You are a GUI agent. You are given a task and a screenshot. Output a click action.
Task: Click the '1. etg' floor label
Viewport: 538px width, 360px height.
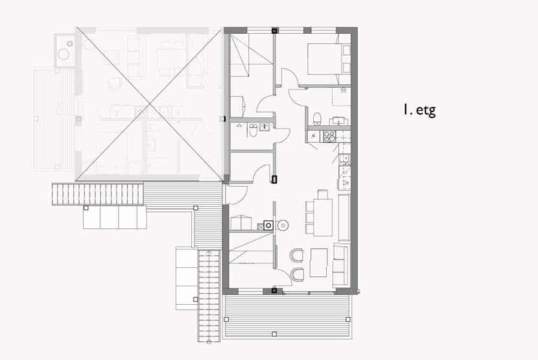pyautogui.click(x=419, y=110)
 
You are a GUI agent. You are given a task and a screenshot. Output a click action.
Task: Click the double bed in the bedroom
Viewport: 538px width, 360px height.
pyautogui.click(x=329, y=59)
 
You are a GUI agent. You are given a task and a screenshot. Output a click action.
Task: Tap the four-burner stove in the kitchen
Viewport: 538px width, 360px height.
pyautogui.click(x=330, y=136)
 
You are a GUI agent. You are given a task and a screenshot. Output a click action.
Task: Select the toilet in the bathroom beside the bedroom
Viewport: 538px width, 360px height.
pyautogui.click(x=317, y=118)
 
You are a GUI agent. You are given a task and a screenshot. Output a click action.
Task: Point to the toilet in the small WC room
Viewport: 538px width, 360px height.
pyautogui.click(x=253, y=130)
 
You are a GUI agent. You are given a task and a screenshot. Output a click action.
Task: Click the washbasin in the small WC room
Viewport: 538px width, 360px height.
pyautogui.click(x=264, y=127)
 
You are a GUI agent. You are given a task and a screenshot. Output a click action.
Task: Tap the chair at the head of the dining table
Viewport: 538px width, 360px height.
pyautogui.click(x=323, y=194)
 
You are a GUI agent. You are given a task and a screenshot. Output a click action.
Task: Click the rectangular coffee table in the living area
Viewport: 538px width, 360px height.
pyautogui.click(x=319, y=263)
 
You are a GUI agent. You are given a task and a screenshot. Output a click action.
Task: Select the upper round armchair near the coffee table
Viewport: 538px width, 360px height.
pyautogui.click(x=297, y=255)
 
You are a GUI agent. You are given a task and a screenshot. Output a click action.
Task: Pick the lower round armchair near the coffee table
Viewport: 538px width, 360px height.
pyautogui.click(x=297, y=274)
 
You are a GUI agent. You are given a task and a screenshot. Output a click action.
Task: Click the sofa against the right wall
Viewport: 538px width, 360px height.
pyautogui.click(x=342, y=265)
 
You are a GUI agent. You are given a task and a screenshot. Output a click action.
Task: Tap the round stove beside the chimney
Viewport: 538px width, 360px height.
pyautogui.click(x=283, y=225)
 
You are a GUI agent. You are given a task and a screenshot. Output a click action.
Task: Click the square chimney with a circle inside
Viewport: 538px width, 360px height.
pyautogui.click(x=268, y=225)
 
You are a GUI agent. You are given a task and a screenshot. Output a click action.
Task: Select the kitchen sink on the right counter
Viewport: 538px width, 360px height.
pyautogui.click(x=344, y=159)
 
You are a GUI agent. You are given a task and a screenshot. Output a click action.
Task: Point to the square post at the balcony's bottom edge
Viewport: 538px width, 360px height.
pyautogui.click(x=274, y=334)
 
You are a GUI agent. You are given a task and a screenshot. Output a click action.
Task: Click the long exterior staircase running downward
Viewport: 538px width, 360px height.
pyautogui.click(x=209, y=296)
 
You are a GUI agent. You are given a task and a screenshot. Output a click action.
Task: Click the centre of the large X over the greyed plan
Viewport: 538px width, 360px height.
pyautogui.click(x=149, y=104)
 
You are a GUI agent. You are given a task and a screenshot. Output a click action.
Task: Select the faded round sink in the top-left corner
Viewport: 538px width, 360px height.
pyautogui.click(x=64, y=54)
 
